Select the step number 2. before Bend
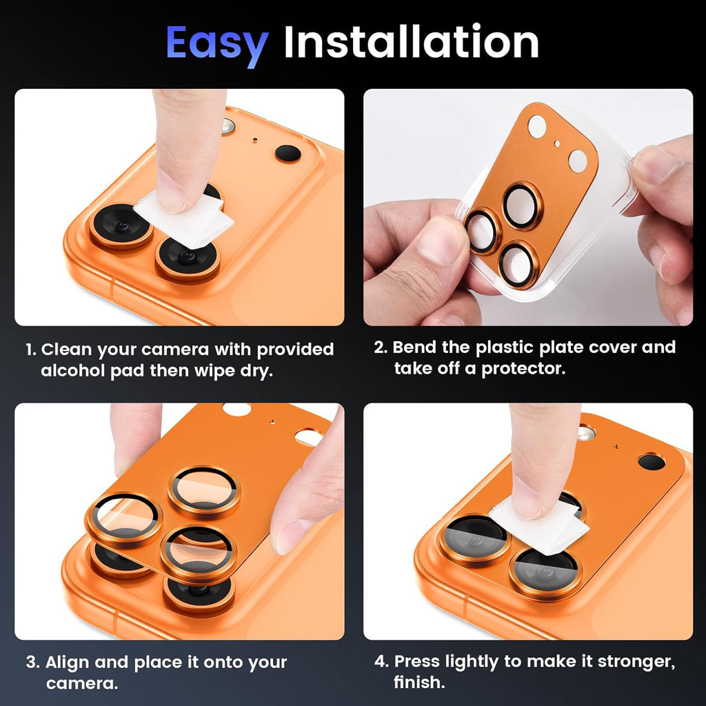click(381, 347)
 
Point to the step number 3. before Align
click(32, 663)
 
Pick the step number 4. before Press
click(382, 662)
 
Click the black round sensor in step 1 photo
click(288, 153)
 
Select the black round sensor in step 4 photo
click(650, 462)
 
